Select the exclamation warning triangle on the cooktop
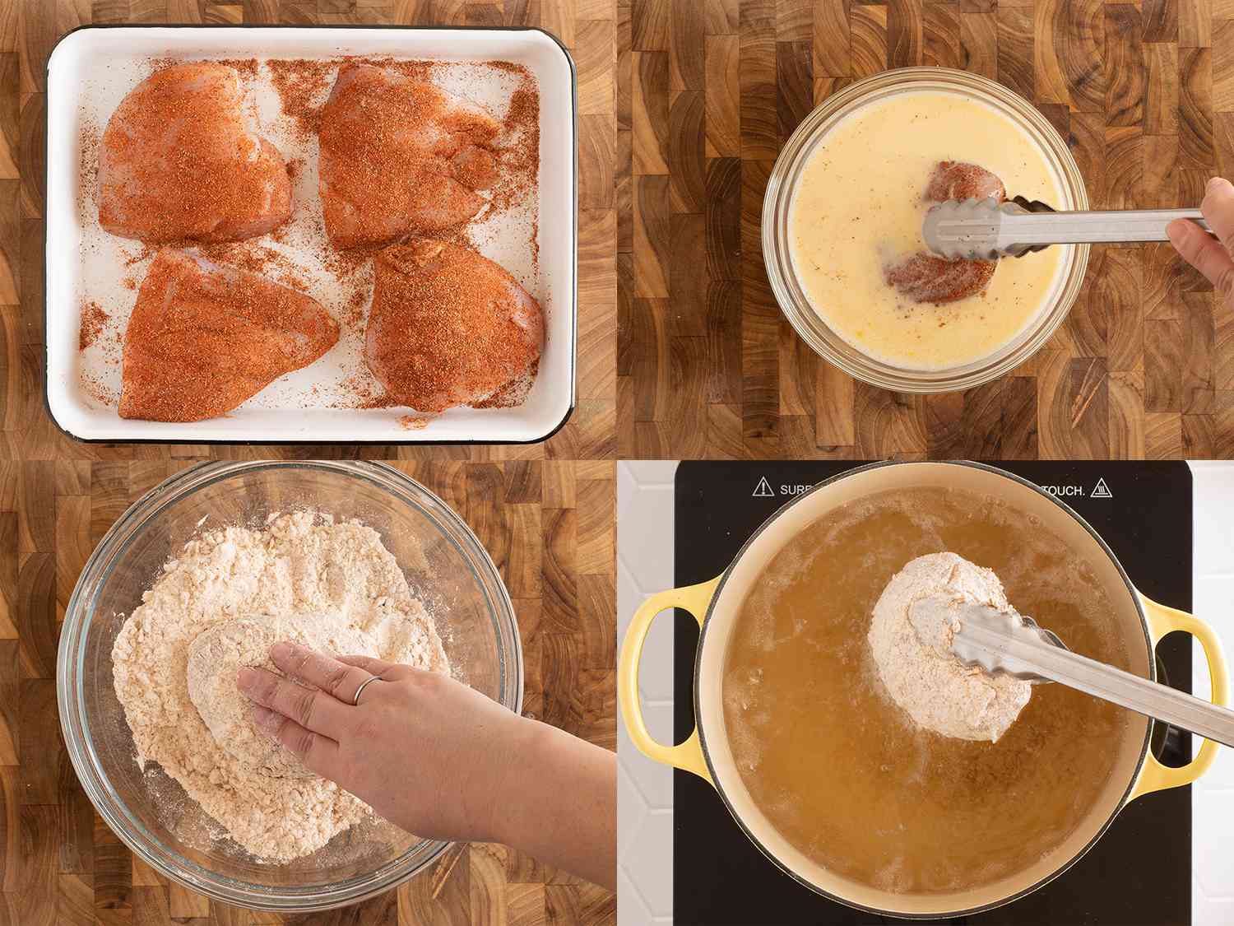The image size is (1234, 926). click(x=761, y=488)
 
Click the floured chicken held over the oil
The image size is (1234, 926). click(x=930, y=650)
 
